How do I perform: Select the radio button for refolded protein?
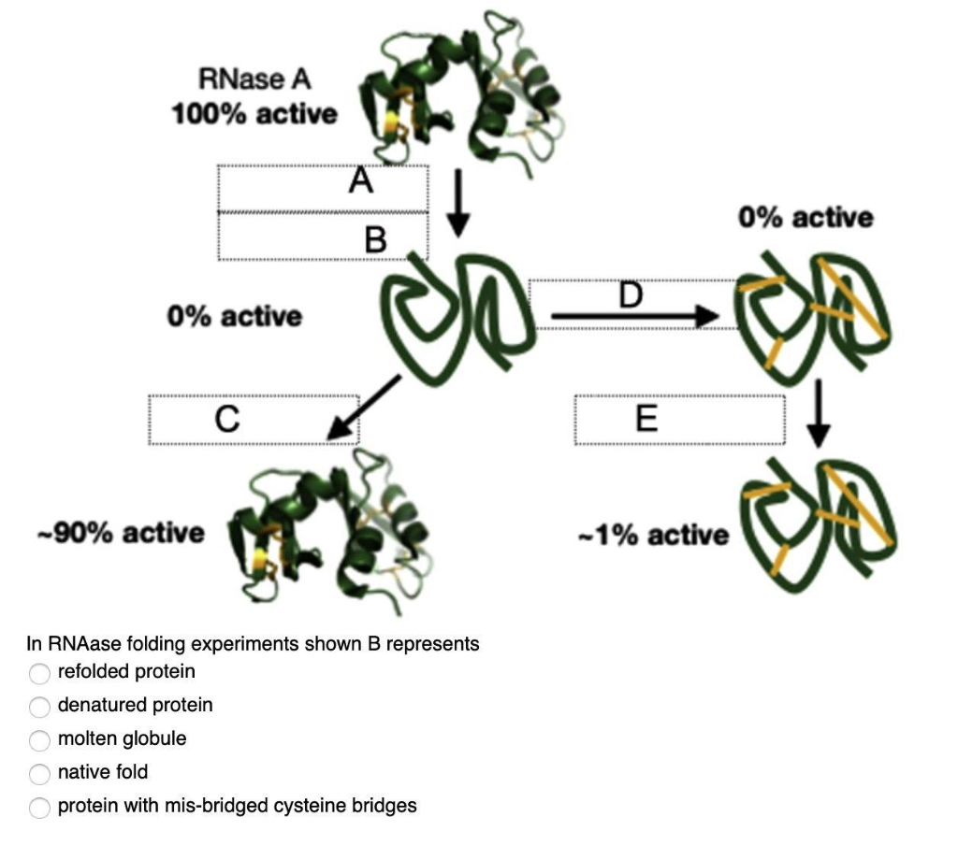tap(38, 673)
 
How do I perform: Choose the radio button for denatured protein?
tap(38, 706)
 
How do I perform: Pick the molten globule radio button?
tap(38, 739)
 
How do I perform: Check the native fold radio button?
tap(38, 773)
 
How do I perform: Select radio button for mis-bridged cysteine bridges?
tap(38, 807)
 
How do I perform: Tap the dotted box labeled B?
tap(323, 236)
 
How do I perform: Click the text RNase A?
tap(254, 80)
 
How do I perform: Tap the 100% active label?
tap(254, 115)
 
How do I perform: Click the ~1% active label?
tap(654, 536)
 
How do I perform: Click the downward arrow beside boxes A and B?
tap(457, 203)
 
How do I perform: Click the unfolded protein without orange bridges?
tap(460, 318)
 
